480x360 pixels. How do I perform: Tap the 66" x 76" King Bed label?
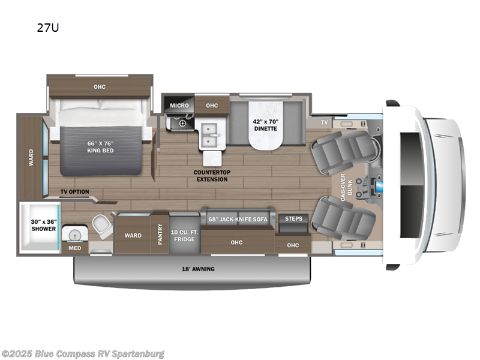[x=100, y=146]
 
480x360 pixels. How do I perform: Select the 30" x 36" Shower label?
[x=43, y=225]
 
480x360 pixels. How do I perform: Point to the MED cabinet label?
[x=74, y=247]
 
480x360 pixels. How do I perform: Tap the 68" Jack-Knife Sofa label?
[x=238, y=219]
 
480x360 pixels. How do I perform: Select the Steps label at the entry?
[x=293, y=218]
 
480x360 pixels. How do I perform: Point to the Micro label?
[x=179, y=106]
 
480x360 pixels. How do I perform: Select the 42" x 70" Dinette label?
[x=265, y=124]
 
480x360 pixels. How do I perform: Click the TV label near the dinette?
[x=324, y=122]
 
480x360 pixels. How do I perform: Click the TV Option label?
[x=74, y=192]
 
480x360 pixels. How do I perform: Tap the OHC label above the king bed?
[x=100, y=87]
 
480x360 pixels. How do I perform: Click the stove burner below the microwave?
[x=180, y=122]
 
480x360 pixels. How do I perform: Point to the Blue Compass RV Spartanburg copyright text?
[x=83, y=353]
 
